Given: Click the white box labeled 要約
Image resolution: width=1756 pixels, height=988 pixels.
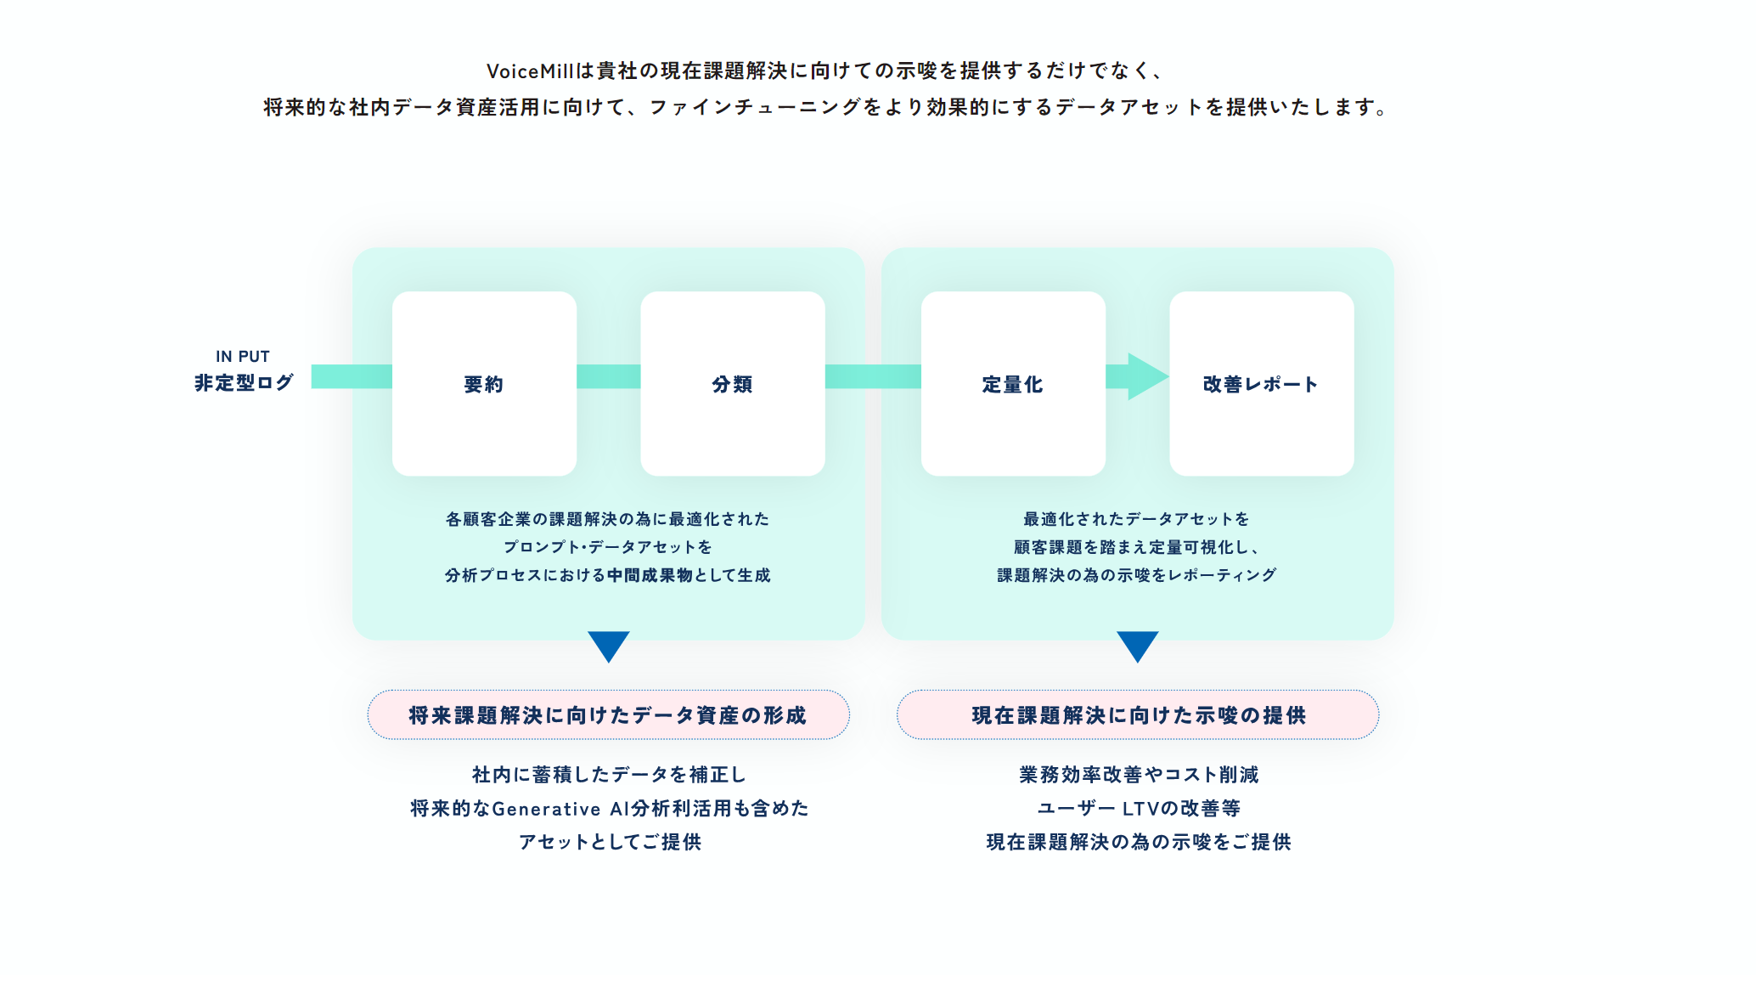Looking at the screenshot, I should point(484,383).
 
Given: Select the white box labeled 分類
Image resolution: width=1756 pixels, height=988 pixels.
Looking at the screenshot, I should point(732,383).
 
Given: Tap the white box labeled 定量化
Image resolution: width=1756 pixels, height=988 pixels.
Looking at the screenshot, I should point(1013,383).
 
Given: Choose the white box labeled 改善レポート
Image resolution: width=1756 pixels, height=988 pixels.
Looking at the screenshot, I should point(1261,383).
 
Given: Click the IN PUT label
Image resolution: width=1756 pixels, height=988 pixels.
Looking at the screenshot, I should point(243,357).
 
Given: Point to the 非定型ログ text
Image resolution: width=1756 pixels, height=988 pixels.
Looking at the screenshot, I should point(244,383).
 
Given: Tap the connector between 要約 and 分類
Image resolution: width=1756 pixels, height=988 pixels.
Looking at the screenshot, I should point(608,376).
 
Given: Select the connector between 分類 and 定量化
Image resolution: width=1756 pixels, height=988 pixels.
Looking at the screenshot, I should point(873,376).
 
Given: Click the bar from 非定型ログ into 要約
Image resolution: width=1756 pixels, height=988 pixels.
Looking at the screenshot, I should point(352,376).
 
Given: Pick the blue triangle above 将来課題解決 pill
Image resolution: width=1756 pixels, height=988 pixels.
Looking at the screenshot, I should point(608,645).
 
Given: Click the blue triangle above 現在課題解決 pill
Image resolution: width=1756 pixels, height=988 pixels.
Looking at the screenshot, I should point(1137,645).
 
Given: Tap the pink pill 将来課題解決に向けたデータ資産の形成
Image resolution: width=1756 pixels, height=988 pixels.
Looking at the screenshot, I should point(608,714).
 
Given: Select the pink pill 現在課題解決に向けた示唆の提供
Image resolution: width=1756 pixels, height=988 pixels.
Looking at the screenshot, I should point(1138,714).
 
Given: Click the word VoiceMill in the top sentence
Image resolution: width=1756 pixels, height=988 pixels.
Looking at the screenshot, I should point(530,71).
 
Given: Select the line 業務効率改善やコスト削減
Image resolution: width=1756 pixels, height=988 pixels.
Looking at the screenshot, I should point(1139,775).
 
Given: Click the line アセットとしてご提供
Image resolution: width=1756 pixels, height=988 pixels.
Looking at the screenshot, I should point(610,842).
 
